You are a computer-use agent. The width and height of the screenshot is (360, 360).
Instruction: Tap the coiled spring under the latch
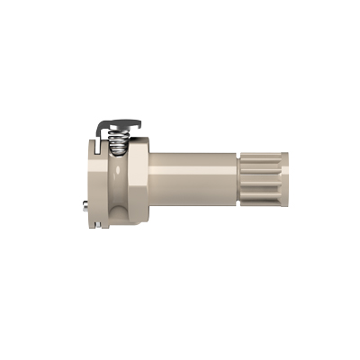(117, 141)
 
